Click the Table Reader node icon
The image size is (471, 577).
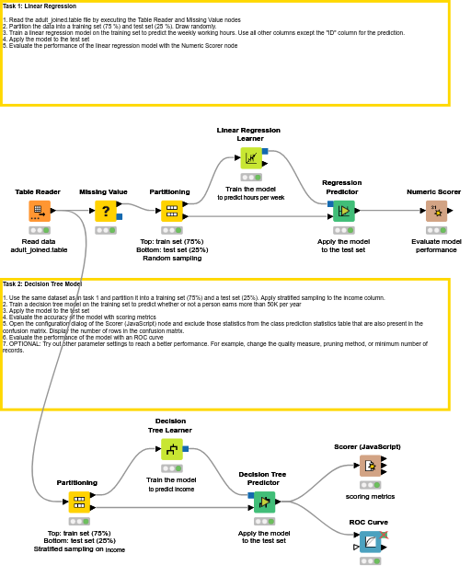tap(39, 211)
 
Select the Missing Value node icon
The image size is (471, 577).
tap(106, 211)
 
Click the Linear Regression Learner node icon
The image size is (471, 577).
tap(251, 157)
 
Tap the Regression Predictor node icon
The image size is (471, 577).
tap(343, 211)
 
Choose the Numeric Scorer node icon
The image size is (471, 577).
tap(436, 211)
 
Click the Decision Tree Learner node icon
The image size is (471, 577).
tap(171, 449)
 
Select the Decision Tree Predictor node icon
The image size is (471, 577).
tap(264, 502)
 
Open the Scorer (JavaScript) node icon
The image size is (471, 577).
tap(370, 466)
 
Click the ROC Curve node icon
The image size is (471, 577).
tap(370, 541)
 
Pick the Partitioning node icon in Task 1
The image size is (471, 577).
tap(172, 211)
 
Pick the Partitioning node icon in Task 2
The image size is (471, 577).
tap(79, 502)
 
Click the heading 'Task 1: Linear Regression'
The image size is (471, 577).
tap(40, 6)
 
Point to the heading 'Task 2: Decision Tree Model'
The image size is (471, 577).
tap(42, 284)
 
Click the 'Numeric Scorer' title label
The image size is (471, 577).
tap(433, 192)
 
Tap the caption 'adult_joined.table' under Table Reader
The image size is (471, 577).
tap(39, 249)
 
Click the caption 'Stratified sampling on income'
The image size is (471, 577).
tap(79, 549)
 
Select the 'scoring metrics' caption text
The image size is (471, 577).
tap(370, 496)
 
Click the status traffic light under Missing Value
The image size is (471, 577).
tap(106, 230)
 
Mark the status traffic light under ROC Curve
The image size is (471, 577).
tap(370, 560)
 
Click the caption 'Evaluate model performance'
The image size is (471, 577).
tap(436, 246)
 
